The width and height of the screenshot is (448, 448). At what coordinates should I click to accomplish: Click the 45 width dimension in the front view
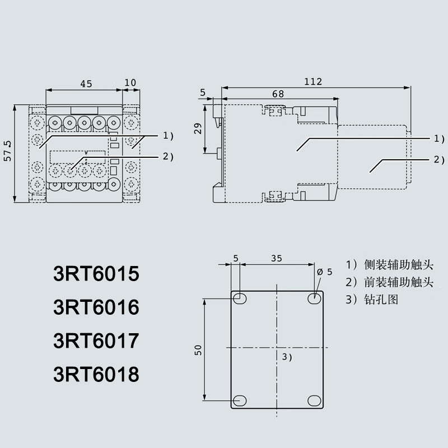tap(86, 83)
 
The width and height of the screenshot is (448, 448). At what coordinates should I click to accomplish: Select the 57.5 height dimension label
tap(7, 152)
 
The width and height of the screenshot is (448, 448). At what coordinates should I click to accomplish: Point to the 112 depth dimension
tap(313, 82)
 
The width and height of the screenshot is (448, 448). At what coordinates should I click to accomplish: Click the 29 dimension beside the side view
tap(197, 129)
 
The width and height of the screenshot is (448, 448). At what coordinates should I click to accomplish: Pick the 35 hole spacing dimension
tap(277, 259)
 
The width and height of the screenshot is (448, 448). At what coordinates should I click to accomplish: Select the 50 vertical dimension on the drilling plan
tap(198, 350)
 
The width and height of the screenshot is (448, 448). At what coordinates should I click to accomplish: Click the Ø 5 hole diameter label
tap(325, 272)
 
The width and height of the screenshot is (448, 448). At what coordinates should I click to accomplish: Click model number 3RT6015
tap(95, 276)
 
